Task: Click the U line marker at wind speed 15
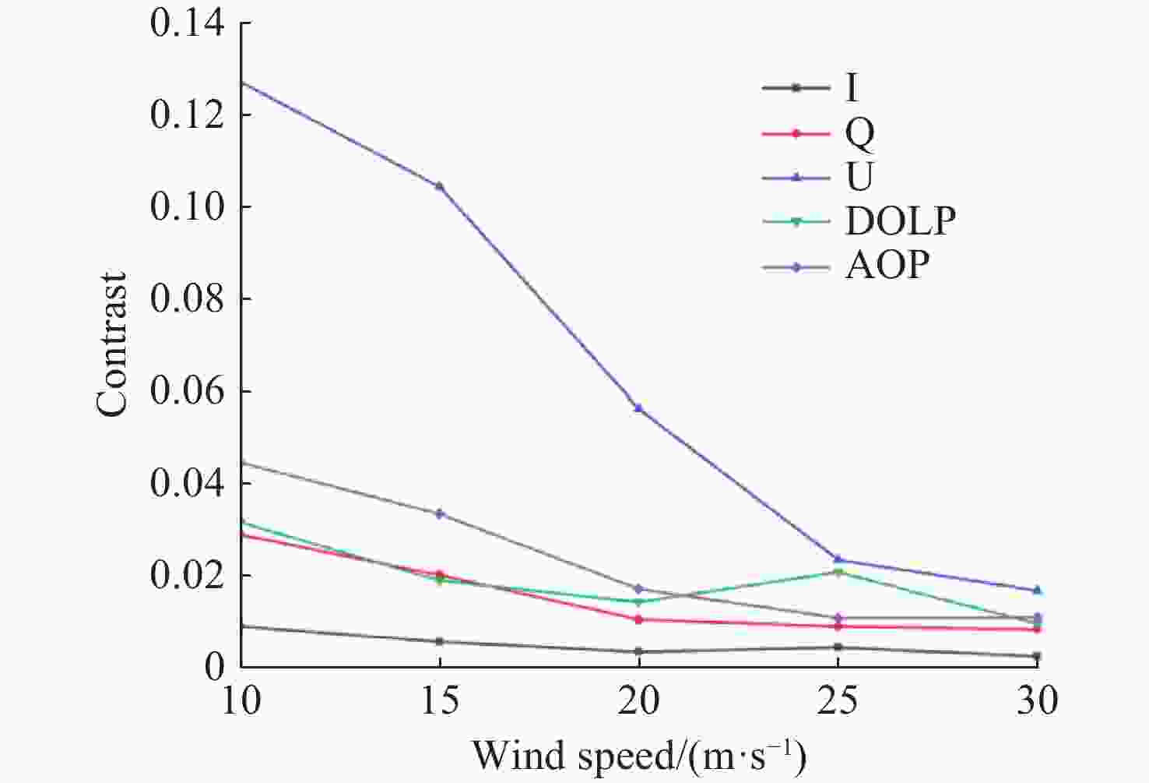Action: [x=440, y=186]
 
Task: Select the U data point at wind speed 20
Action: [x=638, y=408]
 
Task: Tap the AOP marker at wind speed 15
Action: [x=440, y=513]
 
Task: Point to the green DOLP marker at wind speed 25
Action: [x=838, y=573]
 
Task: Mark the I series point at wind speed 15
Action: [x=440, y=641]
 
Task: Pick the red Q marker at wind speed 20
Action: [x=638, y=619]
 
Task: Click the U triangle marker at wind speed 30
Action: [x=1037, y=591]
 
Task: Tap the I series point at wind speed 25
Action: [x=838, y=647]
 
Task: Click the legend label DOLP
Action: [x=900, y=222]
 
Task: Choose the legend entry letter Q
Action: [x=859, y=134]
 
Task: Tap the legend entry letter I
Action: [x=852, y=88]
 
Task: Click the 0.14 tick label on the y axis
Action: [x=188, y=23]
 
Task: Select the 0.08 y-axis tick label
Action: [x=188, y=299]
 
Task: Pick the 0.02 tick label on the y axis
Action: [x=188, y=577]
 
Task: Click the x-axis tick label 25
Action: [x=838, y=700]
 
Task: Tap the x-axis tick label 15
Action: [x=440, y=700]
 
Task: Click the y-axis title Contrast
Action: [x=112, y=344]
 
